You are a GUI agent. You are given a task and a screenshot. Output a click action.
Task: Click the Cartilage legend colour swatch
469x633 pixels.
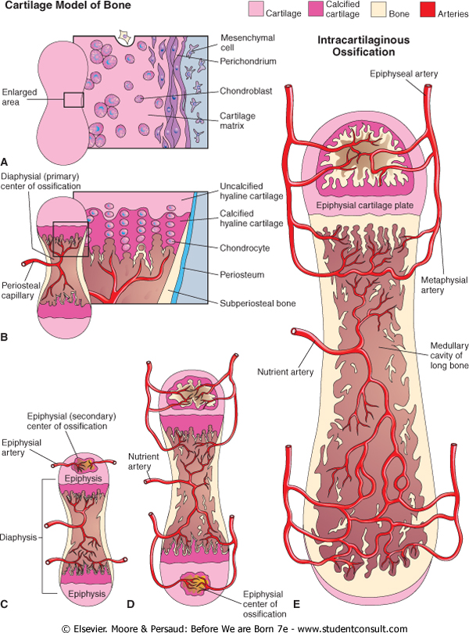pos(255,10)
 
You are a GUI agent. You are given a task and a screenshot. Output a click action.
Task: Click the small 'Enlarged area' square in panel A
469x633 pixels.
pos(73,99)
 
